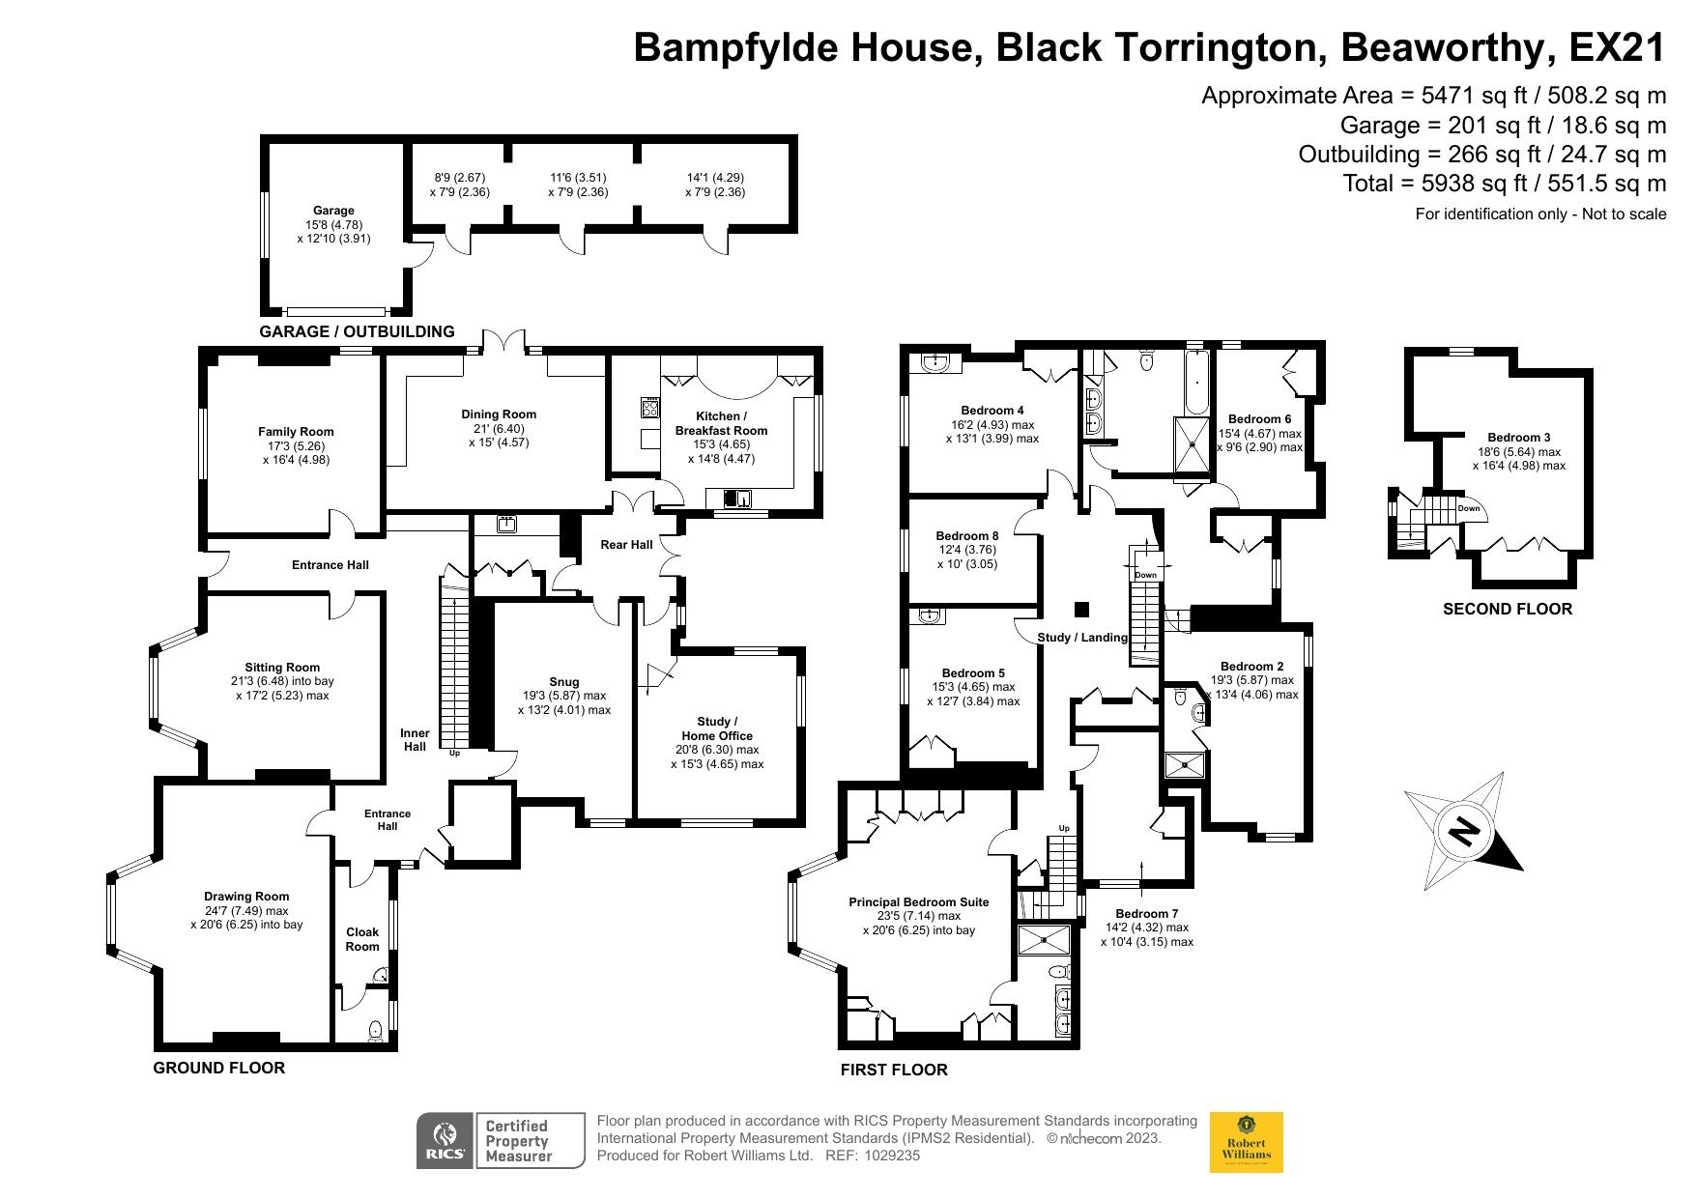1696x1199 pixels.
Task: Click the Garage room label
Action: [333, 211]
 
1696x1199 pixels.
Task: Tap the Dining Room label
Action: [499, 414]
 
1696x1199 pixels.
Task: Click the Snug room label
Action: [563, 682]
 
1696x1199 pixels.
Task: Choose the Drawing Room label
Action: [246, 897]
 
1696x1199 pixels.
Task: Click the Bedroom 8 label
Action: [966, 536]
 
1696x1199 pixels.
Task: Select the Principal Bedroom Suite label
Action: [918, 902]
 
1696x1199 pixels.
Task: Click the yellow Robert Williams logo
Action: [1247, 1142]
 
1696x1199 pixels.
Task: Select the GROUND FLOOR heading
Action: [219, 1068]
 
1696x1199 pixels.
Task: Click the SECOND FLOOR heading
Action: [1507, 609]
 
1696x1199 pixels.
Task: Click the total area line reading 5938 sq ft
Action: [1504, 184]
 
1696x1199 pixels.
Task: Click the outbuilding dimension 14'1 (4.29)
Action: [715, 178]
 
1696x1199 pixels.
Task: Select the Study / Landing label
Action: [1081, 638]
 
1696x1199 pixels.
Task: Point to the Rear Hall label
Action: [626, 545]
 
